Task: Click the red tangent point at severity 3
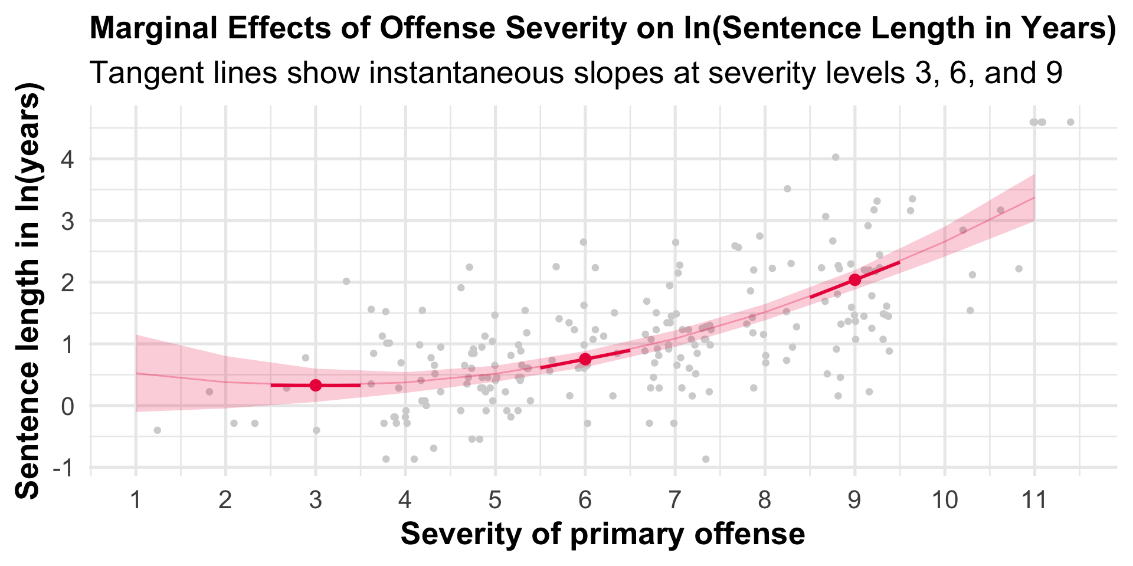tap(316, 385)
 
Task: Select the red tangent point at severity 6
tap(585, 359)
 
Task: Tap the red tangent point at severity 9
tap(854, 279)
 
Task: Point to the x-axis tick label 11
tap(1034, 501)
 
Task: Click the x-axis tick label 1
tap(136, 501)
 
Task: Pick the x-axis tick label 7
tap(674, 501)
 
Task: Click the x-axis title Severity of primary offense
tap(602, 534)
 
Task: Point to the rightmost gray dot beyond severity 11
tap(1070, 122)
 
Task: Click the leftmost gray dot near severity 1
tap(157, 430)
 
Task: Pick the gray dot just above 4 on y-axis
tap(836, 157)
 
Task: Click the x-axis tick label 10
tap(944, 501)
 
